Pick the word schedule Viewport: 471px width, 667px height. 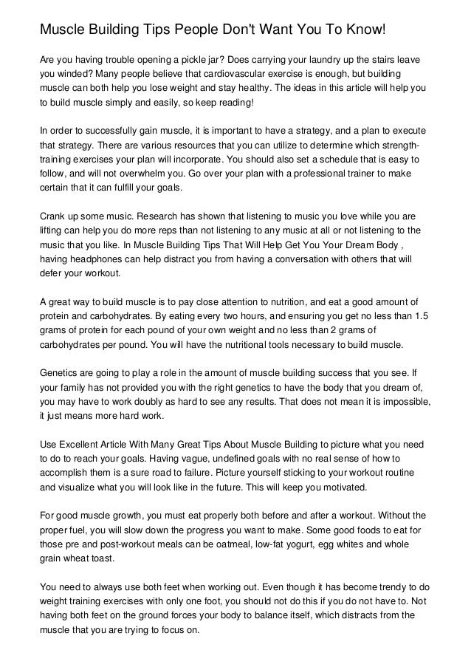coord(334,159)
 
